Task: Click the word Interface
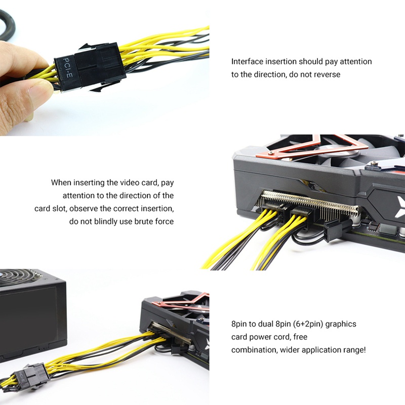point(247,61)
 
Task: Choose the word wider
point(289,350)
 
